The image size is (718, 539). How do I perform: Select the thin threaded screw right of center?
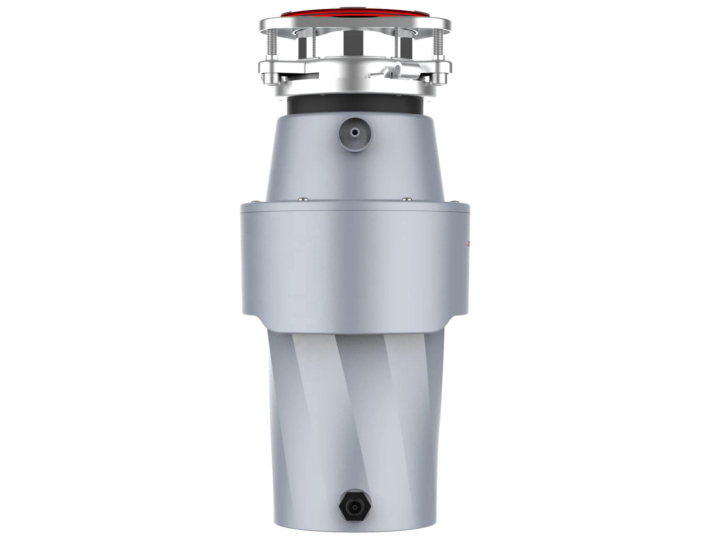pyautogui.click(x=396, y=43)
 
